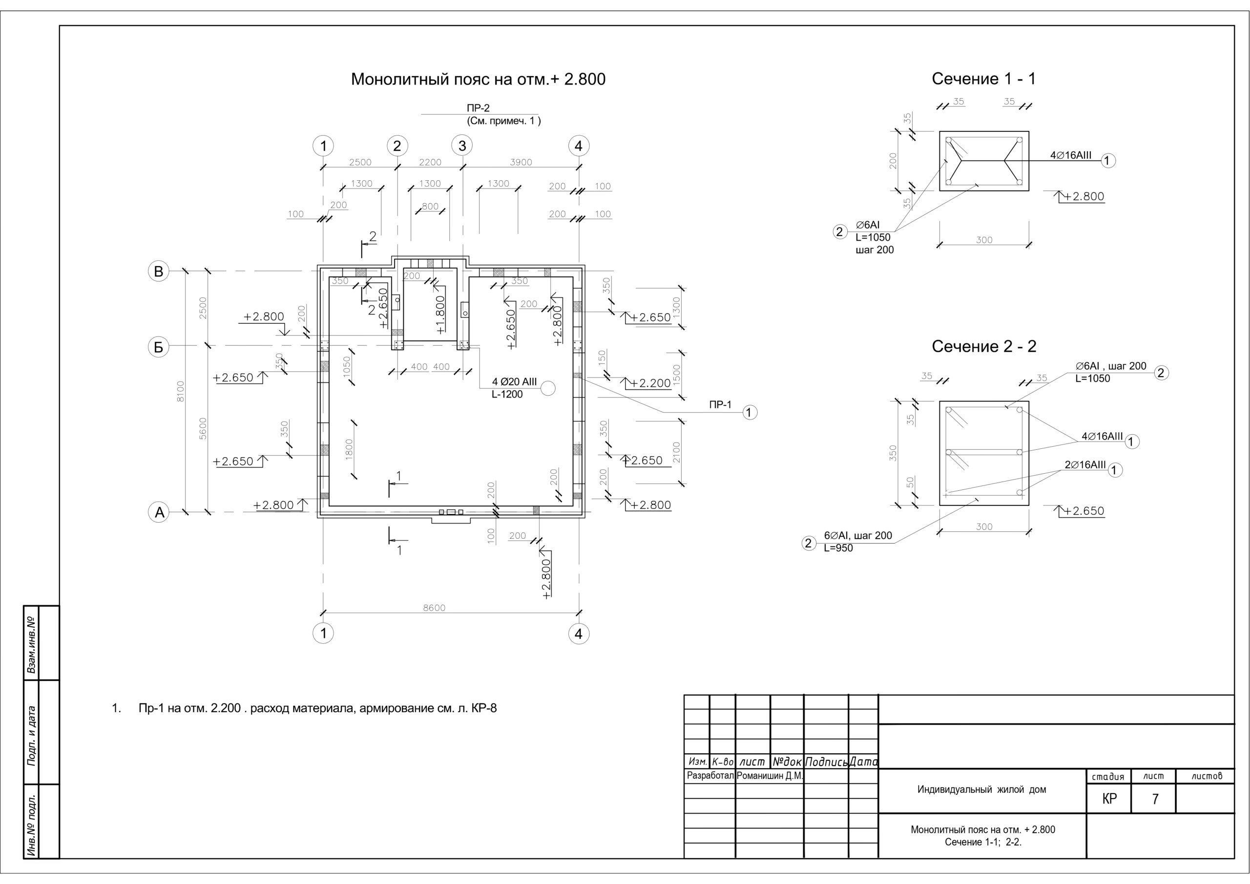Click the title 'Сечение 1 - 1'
point(984,79)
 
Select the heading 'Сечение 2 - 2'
point(984,346)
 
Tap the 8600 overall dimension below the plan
point(434,608)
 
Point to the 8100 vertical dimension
point(181,391)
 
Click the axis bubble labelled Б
point(158,347)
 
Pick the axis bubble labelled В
point(158,271)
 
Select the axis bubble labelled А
point(159,512)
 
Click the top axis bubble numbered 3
point(462,146)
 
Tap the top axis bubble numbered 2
point(397,146)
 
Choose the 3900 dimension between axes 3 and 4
point(521,162)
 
